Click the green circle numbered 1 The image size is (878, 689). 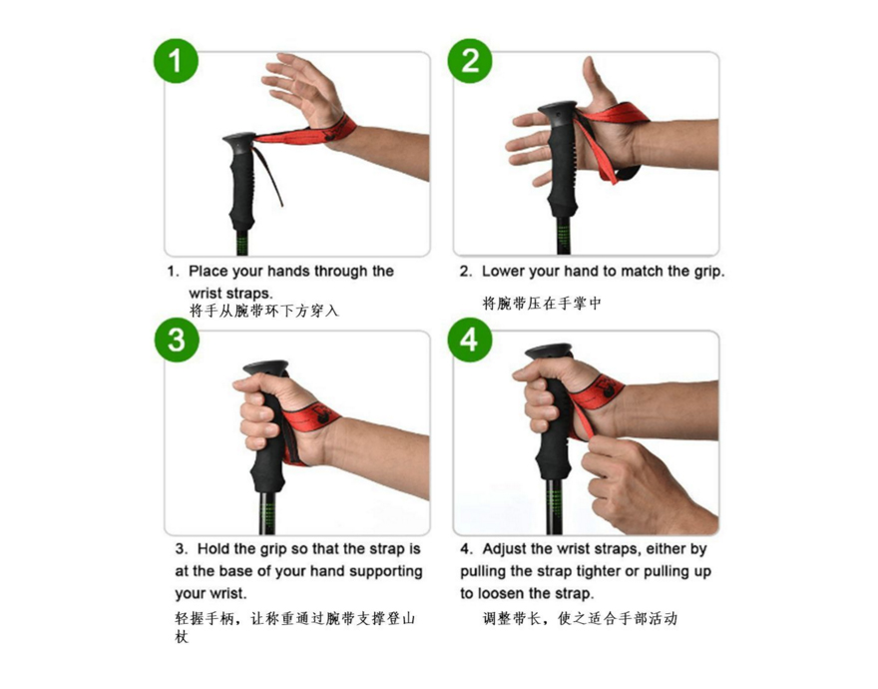[x=176, y=61]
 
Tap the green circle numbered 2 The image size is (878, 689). [x=470, y=61]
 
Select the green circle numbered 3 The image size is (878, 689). [x=177, y=340]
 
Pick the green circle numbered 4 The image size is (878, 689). [x=470, y=340]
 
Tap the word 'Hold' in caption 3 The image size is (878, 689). [x=214, y=549]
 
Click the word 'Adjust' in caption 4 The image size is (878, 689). [x=505, y=549]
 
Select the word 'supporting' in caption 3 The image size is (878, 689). [x=386, y=572]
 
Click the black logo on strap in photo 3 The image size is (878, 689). [x=320, y=414]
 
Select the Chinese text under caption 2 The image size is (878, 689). [x=542, y=304]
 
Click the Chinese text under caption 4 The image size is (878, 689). [x=580, y=619]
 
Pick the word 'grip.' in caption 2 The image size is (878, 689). [x=709, y=272]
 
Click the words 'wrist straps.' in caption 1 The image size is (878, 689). [x=230, y=294]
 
